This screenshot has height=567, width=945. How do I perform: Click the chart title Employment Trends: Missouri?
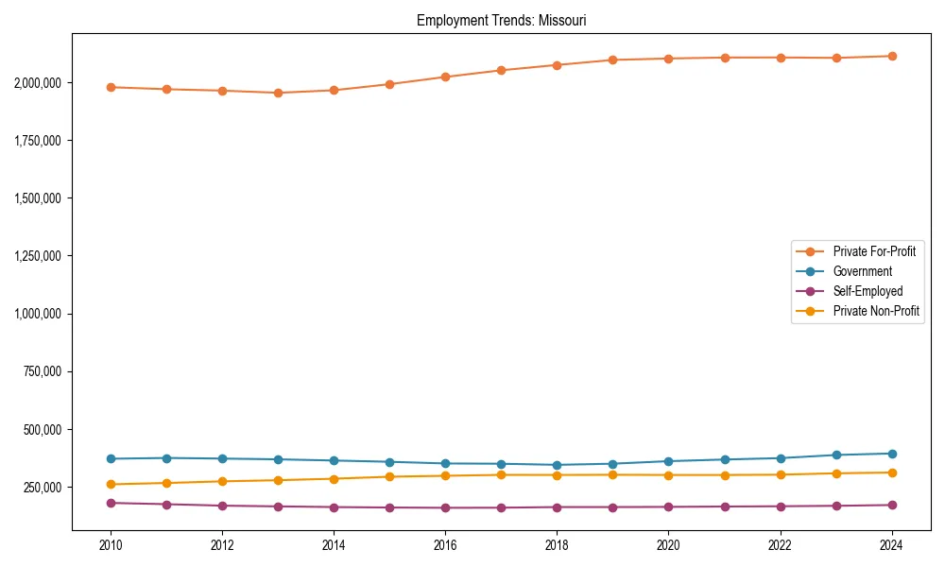point(502,20)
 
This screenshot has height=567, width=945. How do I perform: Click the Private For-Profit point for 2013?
point(278,93)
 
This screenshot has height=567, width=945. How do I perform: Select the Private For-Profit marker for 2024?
point(892,56)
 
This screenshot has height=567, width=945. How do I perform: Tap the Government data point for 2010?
point(111,459)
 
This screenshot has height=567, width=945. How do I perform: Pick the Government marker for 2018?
point(558,465)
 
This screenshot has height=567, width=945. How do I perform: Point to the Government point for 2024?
point(892,454)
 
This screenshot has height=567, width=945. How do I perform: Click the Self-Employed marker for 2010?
point(111,503)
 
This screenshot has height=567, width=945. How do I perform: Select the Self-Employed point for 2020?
point(669,507)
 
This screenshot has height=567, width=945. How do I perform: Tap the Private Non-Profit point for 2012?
point(222,481)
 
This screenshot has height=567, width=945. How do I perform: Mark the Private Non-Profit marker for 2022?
point(781,474)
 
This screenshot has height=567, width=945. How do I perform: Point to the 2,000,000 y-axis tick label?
point(38,83)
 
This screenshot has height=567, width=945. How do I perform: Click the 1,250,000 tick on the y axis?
point(38,256)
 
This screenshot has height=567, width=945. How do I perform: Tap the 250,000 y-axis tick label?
point(42,488)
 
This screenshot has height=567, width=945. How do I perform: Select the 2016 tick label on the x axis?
point(446,545)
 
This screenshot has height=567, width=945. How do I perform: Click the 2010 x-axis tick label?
point(111,545)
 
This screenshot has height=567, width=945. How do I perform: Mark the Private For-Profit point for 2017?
point(502,70)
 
